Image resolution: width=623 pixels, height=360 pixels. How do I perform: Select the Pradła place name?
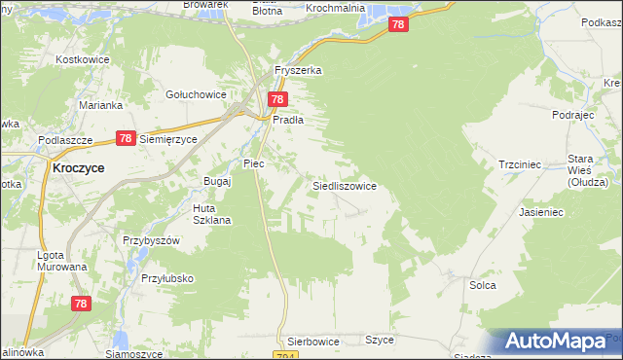click(x=289, y=120)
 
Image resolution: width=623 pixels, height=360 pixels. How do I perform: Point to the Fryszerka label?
click(x=298, y=71)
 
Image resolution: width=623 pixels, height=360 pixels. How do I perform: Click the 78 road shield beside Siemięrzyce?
click(x=125, y=138)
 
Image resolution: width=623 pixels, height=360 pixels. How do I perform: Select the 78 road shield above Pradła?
click(x=277, y=99)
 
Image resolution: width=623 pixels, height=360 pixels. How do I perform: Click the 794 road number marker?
click(x=311, y=355)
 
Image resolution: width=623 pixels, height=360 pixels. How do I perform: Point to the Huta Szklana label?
click(x=211, y=214)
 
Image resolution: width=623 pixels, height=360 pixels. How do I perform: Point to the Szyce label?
click(x=379, y=340)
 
